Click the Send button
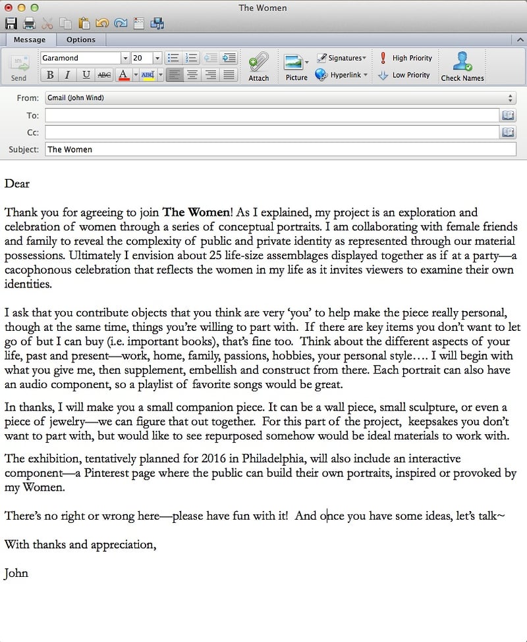pos(19,67)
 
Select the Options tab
pos(80,39)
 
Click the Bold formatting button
pos(50,75)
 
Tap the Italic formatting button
pos(67,75)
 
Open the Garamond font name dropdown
pos(125,58)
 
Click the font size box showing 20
pos(141,58)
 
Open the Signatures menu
pos(342,58)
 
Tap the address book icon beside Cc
pos(508,132)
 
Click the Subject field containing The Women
pos(280,149)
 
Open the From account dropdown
pos(280,98)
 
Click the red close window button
pos(9,7)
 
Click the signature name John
pos(16,573)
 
